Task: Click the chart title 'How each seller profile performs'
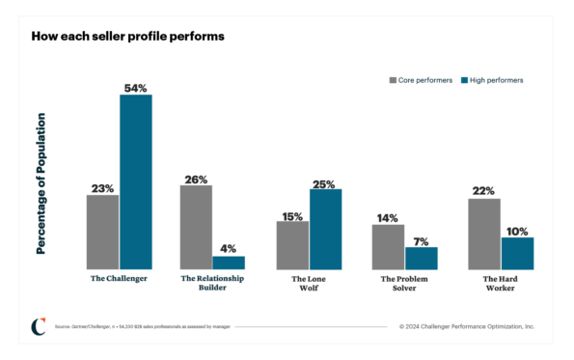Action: [x=127, y=37]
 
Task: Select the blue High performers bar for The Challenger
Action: [x=135, y=181]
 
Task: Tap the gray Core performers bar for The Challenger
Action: [x=102, y=232]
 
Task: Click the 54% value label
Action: [x=135, y=88]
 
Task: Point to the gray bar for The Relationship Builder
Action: [x=196, y=227]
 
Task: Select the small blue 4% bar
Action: [x=229, y=263]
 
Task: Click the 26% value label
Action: [x=196, y=179]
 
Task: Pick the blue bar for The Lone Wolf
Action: [x=325, y=229]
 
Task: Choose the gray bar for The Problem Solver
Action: [x=388, y=246]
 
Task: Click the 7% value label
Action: [x=422, y=240]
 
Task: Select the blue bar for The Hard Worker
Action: [x=517, y=253]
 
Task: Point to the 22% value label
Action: [x=483, y=191]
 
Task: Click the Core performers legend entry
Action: [x=420, y=80]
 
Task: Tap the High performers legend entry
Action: [x=491, y=80]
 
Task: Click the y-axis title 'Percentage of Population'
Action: [x=41, y=183]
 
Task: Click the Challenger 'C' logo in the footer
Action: [x=38, y=326]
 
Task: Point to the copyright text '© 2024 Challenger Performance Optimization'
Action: [x=466, y=326]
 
